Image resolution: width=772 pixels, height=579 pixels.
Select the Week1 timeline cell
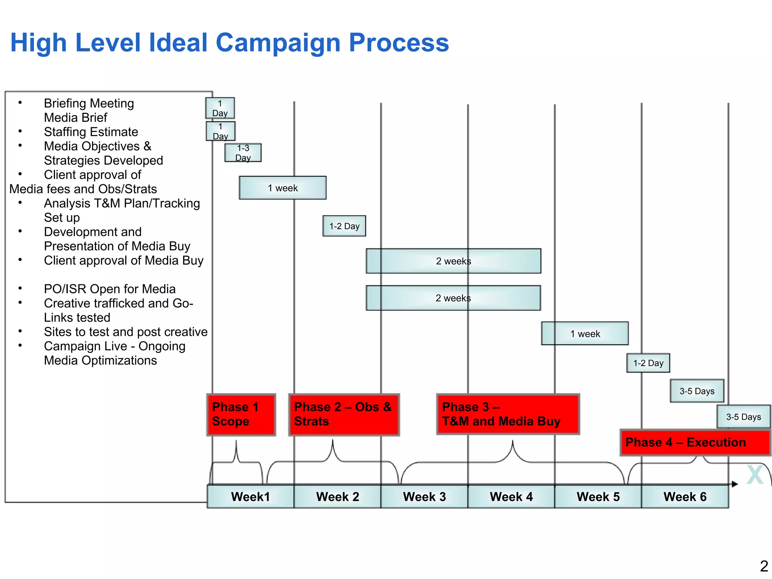(x=250, y=496)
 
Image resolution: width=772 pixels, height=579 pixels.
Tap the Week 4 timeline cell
(x=511, y=496)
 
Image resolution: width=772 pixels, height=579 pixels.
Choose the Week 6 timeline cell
(x=685, y=496)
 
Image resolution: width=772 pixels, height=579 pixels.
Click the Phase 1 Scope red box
(x=241, y=415)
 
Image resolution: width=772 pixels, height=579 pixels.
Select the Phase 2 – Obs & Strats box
(x=344, y=415)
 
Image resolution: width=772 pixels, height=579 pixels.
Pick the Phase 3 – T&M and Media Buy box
(x=508, y=414)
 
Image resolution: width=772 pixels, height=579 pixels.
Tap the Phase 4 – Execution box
(x=695, y=442)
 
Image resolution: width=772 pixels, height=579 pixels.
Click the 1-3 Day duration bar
(x=243, y=153)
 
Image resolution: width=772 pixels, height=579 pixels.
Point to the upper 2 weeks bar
(x=453, y=261)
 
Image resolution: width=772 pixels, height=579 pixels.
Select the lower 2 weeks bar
(x=453, y=298)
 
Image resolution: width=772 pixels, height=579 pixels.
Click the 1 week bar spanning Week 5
(x=585, y=333)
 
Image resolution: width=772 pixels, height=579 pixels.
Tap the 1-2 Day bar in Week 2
(x=344, y=226)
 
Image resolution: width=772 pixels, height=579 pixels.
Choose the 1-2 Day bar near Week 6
(x=648, y=363)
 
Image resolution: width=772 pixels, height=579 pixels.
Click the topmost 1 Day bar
(x=220, y=108)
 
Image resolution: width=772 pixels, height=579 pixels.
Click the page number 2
(x=764, y=566)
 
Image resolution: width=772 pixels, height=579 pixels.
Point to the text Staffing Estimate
(x=91, y=132)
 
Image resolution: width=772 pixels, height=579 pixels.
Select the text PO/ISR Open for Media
(x=110, y=289)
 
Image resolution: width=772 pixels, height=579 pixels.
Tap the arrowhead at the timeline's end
(x=735, y=484)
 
